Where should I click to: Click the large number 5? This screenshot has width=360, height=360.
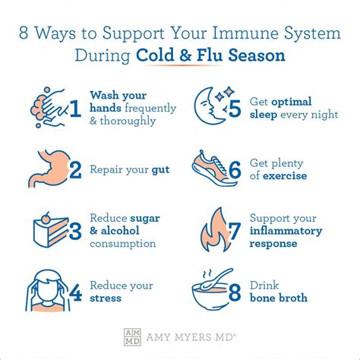tap(234, 109)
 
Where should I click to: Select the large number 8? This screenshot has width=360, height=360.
tap(235, 292)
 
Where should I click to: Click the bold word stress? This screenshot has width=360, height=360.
tap(106, 298)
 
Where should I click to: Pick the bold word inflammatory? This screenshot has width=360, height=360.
tap(286, 231)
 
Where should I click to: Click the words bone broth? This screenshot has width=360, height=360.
tap(278, 298)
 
